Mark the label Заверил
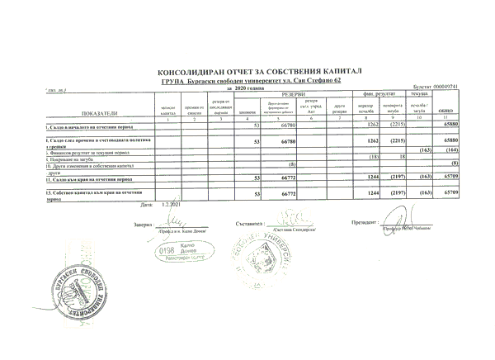[144, 224]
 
